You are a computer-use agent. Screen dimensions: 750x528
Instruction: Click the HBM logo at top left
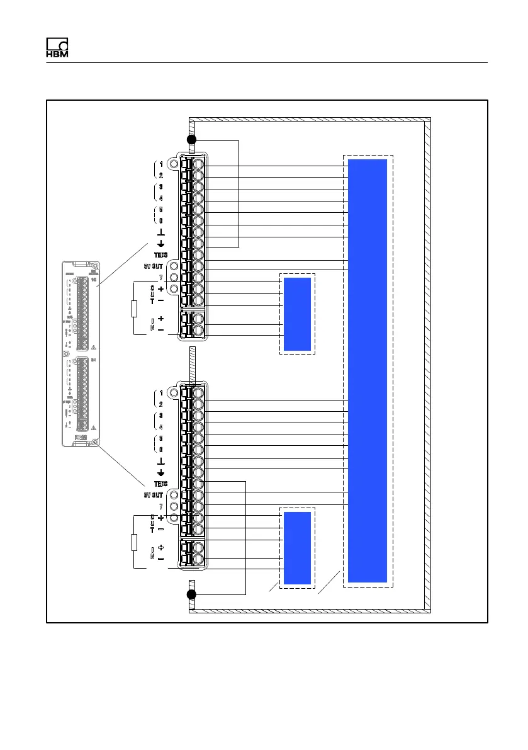click(57, 48)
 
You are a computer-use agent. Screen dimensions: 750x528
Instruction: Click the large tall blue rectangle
click(368, 370)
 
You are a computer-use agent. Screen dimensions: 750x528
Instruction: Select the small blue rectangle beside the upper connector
click(297, 314)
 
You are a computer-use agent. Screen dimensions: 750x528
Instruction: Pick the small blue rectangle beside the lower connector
click(297, 548)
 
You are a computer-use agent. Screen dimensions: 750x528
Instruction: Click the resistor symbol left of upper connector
click(134, 309)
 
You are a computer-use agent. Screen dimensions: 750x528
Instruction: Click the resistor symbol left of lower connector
click(134, 542)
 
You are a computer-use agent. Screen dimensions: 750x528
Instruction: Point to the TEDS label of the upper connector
click(161, 256)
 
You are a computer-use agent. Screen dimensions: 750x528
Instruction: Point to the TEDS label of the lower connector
click(161, 484)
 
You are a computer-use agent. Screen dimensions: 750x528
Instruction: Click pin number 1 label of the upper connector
click(161, 164)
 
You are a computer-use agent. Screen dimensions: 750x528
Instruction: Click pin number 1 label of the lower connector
click(161, 392)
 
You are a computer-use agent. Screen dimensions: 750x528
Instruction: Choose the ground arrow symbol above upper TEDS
click(161, 245)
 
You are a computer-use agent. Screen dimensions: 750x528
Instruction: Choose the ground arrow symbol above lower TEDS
click(161, 473)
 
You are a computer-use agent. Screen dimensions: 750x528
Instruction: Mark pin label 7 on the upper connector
click(161, 278)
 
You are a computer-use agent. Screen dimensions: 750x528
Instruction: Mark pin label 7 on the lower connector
click(161, 506)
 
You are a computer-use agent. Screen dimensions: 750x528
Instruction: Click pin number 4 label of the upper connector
click(161, 198)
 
